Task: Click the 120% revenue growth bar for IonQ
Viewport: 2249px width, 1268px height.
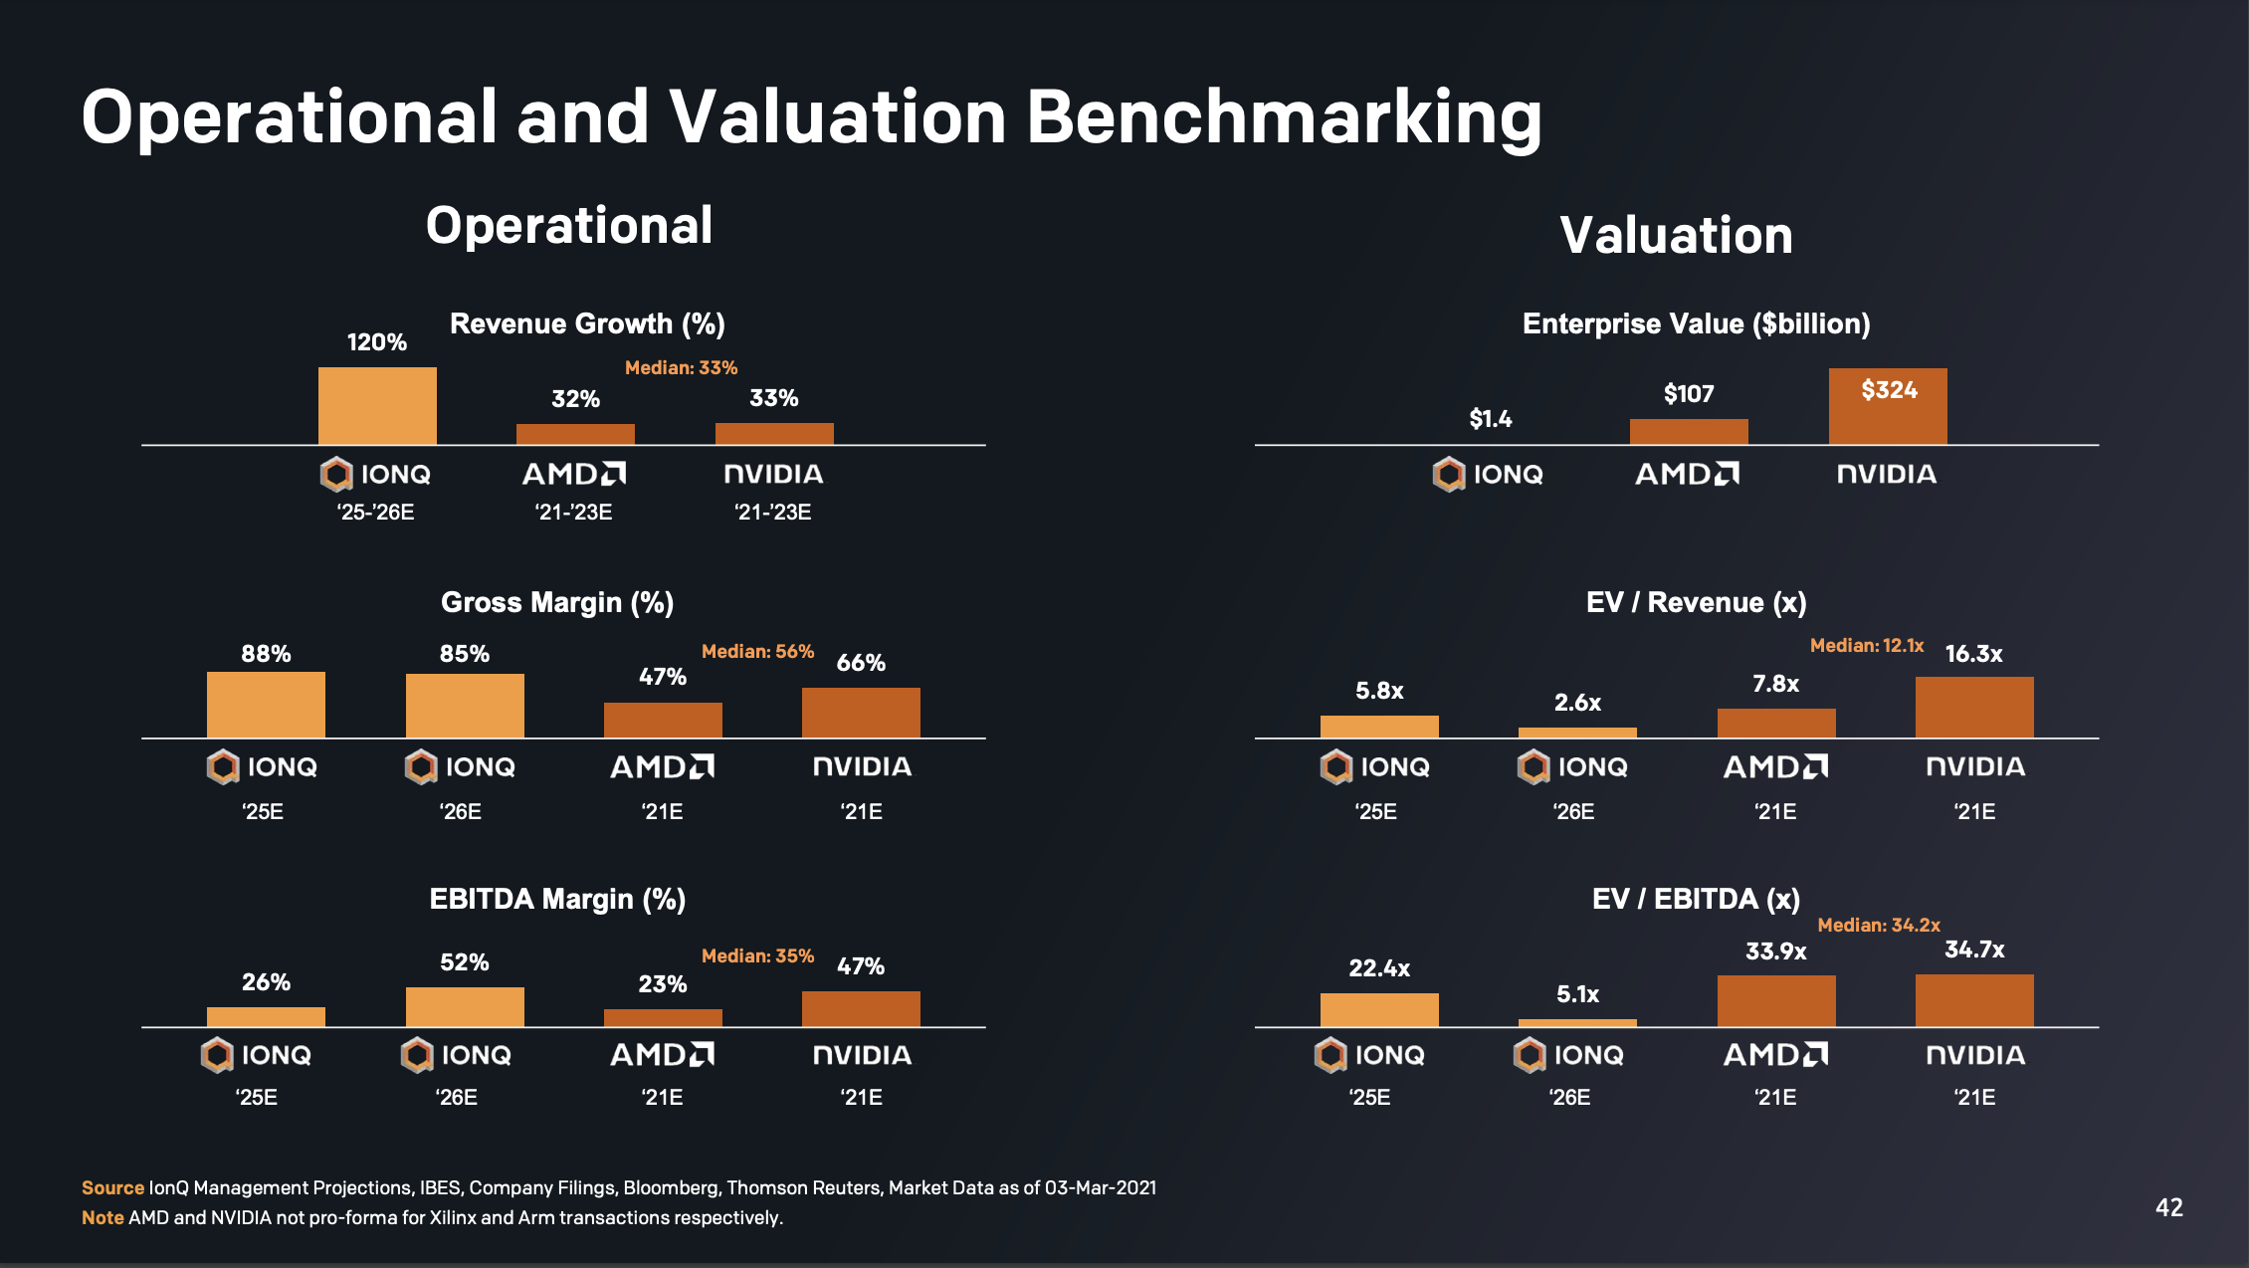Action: click(x=377, y=406)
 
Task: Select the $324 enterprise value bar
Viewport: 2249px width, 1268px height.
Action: click(x=1888, y=408)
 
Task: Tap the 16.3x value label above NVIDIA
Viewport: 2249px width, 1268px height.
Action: click(x=1973, y=654)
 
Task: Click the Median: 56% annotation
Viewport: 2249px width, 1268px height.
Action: click(x=757, y=651)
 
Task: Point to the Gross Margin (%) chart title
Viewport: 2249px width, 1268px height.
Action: click(x=557, y=602)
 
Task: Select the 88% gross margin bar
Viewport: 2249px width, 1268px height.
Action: click(x=266, y=705)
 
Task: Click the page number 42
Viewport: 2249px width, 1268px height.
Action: click(x=2168, y=1207)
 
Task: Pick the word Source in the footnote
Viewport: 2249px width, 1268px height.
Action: click(x=112, y=1187)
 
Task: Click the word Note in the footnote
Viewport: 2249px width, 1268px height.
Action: click(x=102, y=1217)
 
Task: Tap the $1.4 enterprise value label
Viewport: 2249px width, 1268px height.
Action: click(x=1490, y=419)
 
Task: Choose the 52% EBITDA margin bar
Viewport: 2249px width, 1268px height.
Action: click(x=465, y=1007)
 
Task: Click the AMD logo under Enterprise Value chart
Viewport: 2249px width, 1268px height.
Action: click(x=1688, y=474)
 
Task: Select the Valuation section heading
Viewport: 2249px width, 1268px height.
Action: click(x=1676, y=235)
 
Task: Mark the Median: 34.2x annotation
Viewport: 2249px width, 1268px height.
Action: click(x=1878, y=925)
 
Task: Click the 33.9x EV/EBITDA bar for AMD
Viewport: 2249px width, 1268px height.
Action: click(x=1776, y=1001)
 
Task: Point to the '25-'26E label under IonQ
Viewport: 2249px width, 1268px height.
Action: click(x=375, y=512)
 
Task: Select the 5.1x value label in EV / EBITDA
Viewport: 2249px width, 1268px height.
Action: click(x=1577, y=994)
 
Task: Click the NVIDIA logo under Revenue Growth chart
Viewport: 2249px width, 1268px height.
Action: click(x=773, y=474)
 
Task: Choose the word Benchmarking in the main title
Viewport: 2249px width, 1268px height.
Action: click(x=1284, y=117)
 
